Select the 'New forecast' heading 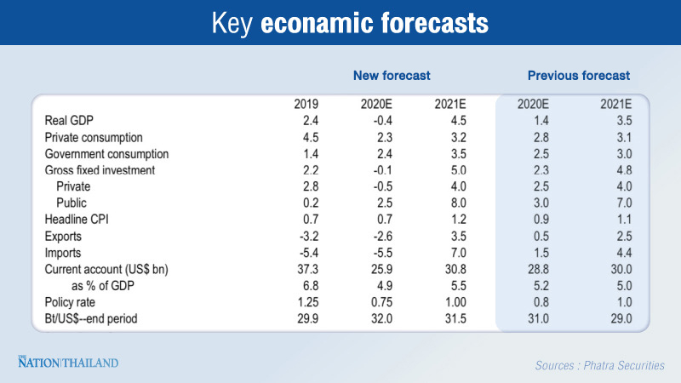392,77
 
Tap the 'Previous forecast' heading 579,77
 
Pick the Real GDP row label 69,121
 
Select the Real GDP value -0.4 380,121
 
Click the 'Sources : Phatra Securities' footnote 599,365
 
